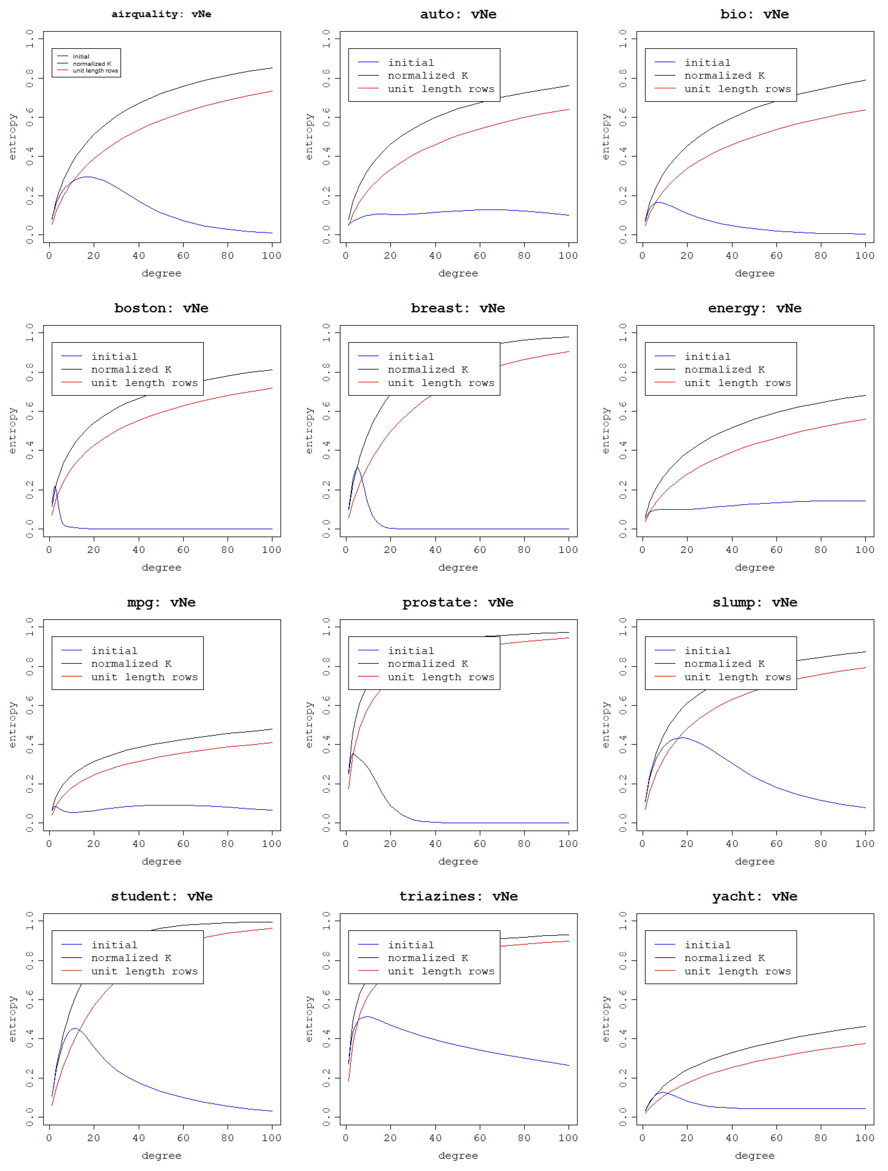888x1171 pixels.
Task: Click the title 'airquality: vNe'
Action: [x=161, y=14]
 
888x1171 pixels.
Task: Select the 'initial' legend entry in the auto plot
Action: [x=411, y=62]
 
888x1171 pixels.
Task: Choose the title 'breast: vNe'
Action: [x=458, y=308]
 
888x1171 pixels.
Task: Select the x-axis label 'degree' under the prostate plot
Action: [x=458, y=861]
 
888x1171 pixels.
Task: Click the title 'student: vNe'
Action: [x=161, y=896]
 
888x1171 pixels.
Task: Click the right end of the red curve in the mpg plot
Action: [x=272, y=743]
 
